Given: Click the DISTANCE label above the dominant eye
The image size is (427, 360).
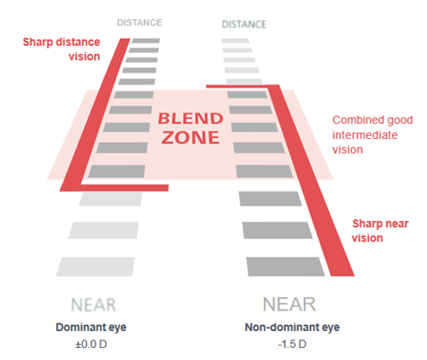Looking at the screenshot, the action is click(139, 23).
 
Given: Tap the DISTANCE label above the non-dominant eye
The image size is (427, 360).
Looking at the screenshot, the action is click(244, 25).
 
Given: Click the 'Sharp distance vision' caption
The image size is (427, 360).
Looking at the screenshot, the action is click(61, 49).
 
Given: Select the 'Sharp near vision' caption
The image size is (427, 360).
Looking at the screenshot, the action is click(380, 230).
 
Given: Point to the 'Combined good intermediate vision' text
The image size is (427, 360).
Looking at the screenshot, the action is click(372, 135).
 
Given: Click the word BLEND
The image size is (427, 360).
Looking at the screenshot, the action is click(190, 119).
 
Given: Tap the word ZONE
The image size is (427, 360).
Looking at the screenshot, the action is click(190, 138).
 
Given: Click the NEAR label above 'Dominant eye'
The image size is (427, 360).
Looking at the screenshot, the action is click(93, 305).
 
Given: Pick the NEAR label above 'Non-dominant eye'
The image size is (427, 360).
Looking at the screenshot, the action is click(290, 305).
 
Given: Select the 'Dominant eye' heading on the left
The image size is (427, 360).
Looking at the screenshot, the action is click(91, 328).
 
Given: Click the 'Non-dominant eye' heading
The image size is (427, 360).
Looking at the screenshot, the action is click(292, 328).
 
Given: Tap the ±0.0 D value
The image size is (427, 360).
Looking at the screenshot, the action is click(91, 345).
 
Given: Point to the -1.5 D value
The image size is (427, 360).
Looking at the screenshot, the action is click(292, 345).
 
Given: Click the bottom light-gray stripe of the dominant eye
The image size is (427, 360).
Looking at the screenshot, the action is click(95, 267).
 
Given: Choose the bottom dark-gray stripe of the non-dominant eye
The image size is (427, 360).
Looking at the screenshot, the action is click(285, 267).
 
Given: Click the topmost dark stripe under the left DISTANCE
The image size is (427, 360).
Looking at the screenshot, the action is click(146, 41).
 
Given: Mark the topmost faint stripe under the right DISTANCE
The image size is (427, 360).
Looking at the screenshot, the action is click(236, 41).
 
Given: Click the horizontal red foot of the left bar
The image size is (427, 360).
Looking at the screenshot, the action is click(124, 188).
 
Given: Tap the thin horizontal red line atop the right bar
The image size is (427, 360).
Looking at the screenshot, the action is click(237, 86).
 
